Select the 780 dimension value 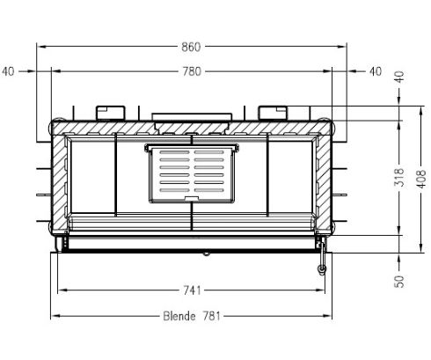tap(192, 71)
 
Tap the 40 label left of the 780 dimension tap(9, 71)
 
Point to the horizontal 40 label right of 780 tap(376, 71)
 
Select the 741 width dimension tap(192, 290)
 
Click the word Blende tap(179, 316)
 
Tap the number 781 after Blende tap(210, 316)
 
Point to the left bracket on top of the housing tap(112, 111)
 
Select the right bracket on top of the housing tap(273, 111)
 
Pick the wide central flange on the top tap(193, 116)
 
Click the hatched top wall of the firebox tap(193, 129)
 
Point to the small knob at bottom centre tap(205, 253)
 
